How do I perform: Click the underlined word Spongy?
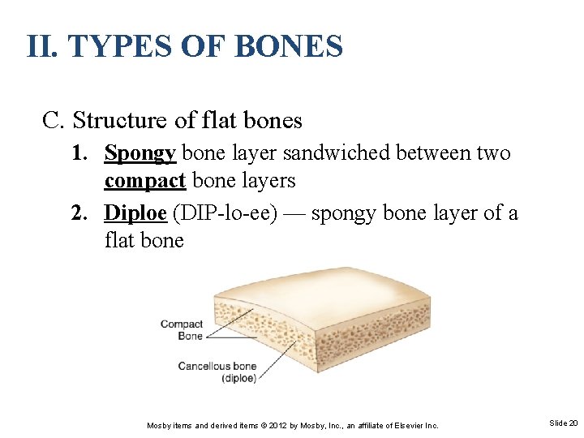pos(140,153)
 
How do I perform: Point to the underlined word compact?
pos(145,180)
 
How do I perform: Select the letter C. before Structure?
pos(54,121)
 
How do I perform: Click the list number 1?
pos(79,153)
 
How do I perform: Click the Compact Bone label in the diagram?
pos(182,329)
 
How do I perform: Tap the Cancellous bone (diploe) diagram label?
pos(217,371)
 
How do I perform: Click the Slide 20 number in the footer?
pos(563,423)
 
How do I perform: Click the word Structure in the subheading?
pos(119,121)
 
